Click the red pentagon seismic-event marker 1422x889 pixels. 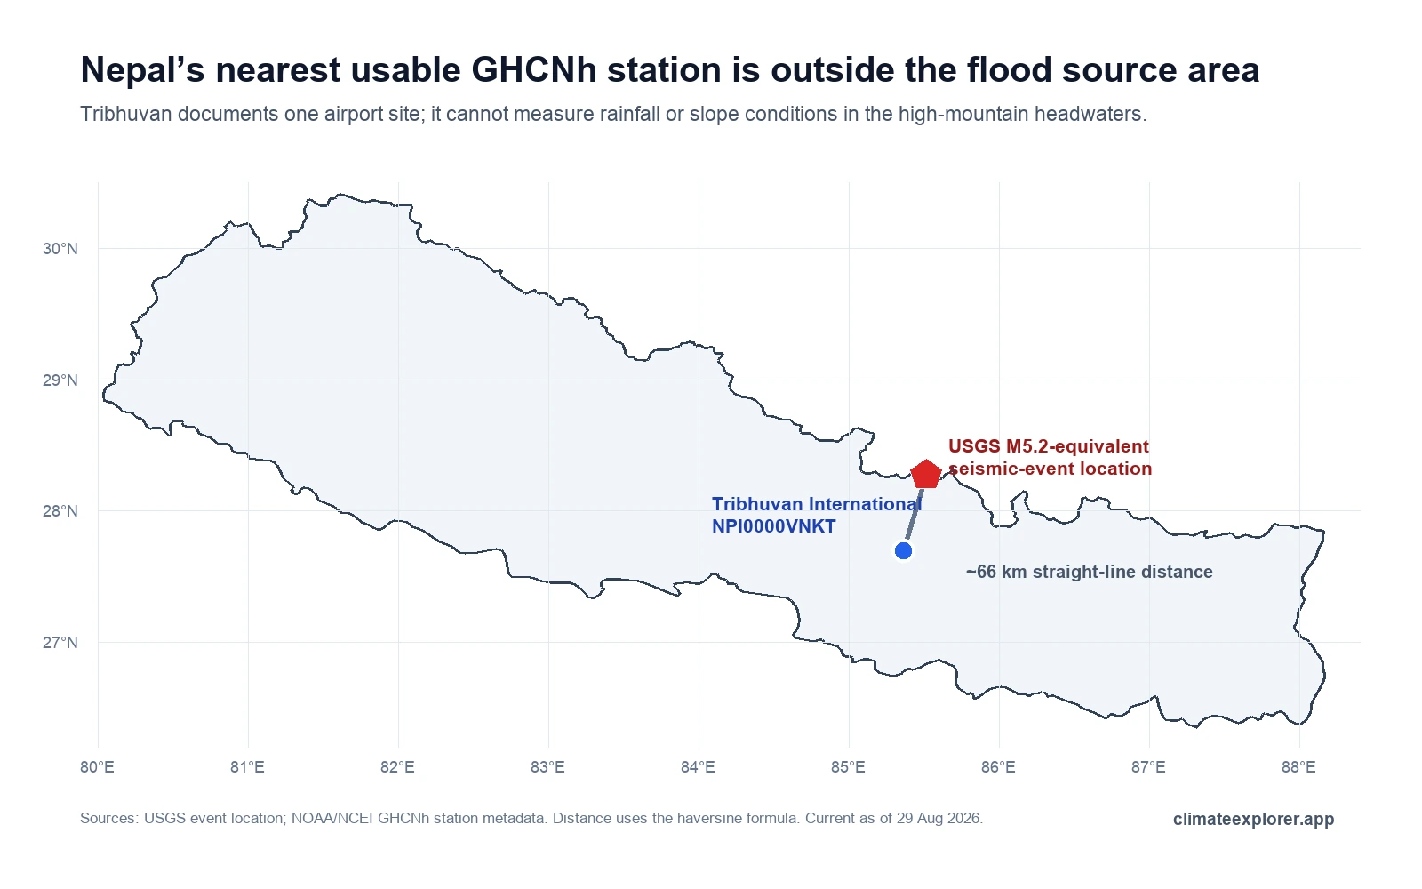tap(926, 475)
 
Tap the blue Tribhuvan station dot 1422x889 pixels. tap(903, 550)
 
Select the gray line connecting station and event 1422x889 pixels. tap(915, 513)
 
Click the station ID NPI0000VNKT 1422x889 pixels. tap(774, 526)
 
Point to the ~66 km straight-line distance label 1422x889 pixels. tap(1090, 572)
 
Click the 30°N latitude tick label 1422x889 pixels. tap(60, 249)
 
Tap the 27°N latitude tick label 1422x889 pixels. tap(60, 643)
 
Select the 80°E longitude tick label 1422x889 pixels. tap(97, 767)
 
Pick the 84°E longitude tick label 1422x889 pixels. tap(699, 767)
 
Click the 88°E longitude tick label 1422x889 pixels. tap(1298, 767)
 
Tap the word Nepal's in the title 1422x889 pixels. tap(143, 69)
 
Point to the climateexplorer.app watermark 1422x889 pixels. tap(1254, 819)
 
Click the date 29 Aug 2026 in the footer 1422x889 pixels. tap(939, 818)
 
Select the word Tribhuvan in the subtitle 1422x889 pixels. tap(125, 115)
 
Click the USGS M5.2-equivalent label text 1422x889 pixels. tap(1049, 446)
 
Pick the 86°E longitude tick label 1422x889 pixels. tap(999, 767)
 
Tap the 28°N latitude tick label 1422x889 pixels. tap(60, 511)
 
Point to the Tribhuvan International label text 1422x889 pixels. tap(817, 504)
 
